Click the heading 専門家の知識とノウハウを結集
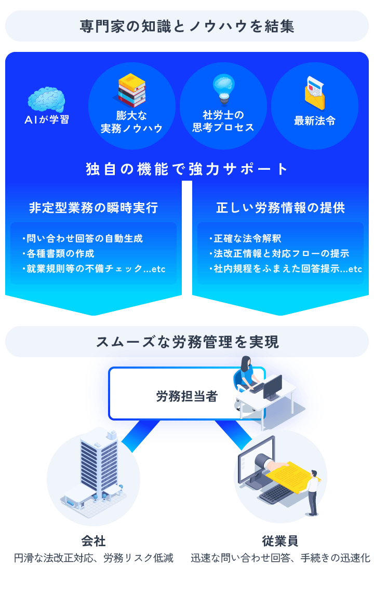click(x=187, y=26)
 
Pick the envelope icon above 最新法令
click(x=315, y=92)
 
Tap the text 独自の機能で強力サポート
click(x=187, y=169)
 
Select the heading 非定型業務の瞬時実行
click(x=94, y=208)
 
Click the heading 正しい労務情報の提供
click(x=280, y=208)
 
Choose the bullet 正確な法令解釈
click(x=245, y=239)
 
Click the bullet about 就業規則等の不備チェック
click(x=94, y=269)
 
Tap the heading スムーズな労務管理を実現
click(x=187, y=342)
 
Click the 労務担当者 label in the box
click(x=187, y=397)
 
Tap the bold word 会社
click(x=94, y=541)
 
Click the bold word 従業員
click(x=280, y=541)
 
